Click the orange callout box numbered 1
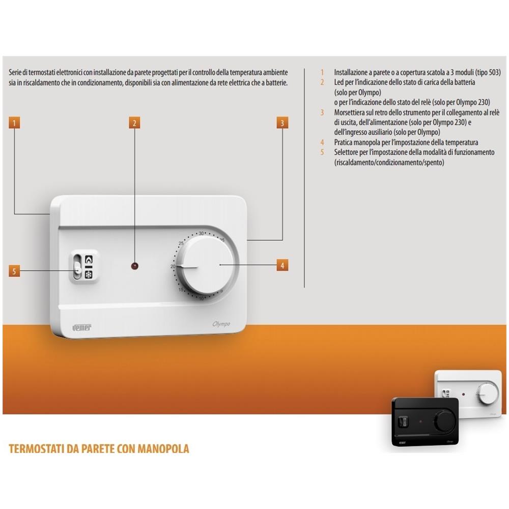pyautogui.click(x=14, y=123)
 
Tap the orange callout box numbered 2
pyautogui.click(x=134, y=123)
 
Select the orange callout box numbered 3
pyautogui.click(x=282, y=123)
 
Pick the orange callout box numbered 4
pyautogui.click(x=282, y=265)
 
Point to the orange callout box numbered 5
pyautogui.click(x=14, y=271)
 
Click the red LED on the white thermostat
pyautogui.click(x=135, y=266)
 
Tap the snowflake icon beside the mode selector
pyautogui.click(x=89, y=275)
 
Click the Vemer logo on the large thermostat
pyautogui.click(x=82, y=327)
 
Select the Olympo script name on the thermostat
pyautogui.click(x=221, y=324)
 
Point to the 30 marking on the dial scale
pyautogui.click(x=201, y=234)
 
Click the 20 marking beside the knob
pyautogui.click(x=173, y=267)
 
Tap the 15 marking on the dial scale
pyautogui.click(x=181, y=290)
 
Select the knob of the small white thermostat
pyautogui.click(x=488, y=393)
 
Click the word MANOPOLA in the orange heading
pyautogui.click(x=163, y=448)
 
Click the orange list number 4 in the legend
pyautogui.click(x=322, y=142)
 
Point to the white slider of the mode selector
pyautogui.click(x=78, y=268)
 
